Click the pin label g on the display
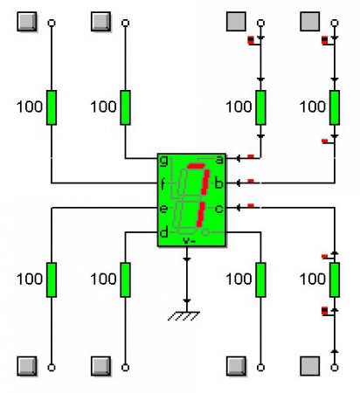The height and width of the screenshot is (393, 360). (x=164, y=161)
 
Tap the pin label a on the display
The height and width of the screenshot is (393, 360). (x=219, y=160)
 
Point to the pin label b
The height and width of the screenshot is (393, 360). (x=218, y=183)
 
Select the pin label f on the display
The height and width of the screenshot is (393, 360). (x=163, y=184)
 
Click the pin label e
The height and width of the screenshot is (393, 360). (x=163, y=209)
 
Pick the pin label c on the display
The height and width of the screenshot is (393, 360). (x=219, y=209)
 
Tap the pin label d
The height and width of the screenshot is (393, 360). (x=164, y=232)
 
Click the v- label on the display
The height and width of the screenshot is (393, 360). (x=189, y=241)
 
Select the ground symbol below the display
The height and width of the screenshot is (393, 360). (x=183, y=316)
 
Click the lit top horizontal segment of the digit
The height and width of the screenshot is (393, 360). (x=196, y=166)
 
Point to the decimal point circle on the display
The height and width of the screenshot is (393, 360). (x=205, y=232)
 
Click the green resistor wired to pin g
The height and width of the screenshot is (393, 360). (x=125, y=107)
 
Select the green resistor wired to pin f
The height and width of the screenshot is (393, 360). (x=52, y=107)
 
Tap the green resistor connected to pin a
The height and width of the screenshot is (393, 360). (x=260, y=107)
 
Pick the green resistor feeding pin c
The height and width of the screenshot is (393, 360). (x=335, y=279)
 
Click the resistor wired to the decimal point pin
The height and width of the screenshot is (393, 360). (x=260, y=279)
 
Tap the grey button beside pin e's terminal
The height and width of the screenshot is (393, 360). (x=27, y=366)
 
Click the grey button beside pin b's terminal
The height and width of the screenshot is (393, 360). (x=310, y=21)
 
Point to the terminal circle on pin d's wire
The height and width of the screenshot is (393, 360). (x=125, y=368)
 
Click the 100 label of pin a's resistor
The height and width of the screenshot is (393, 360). (x=239, y=107)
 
